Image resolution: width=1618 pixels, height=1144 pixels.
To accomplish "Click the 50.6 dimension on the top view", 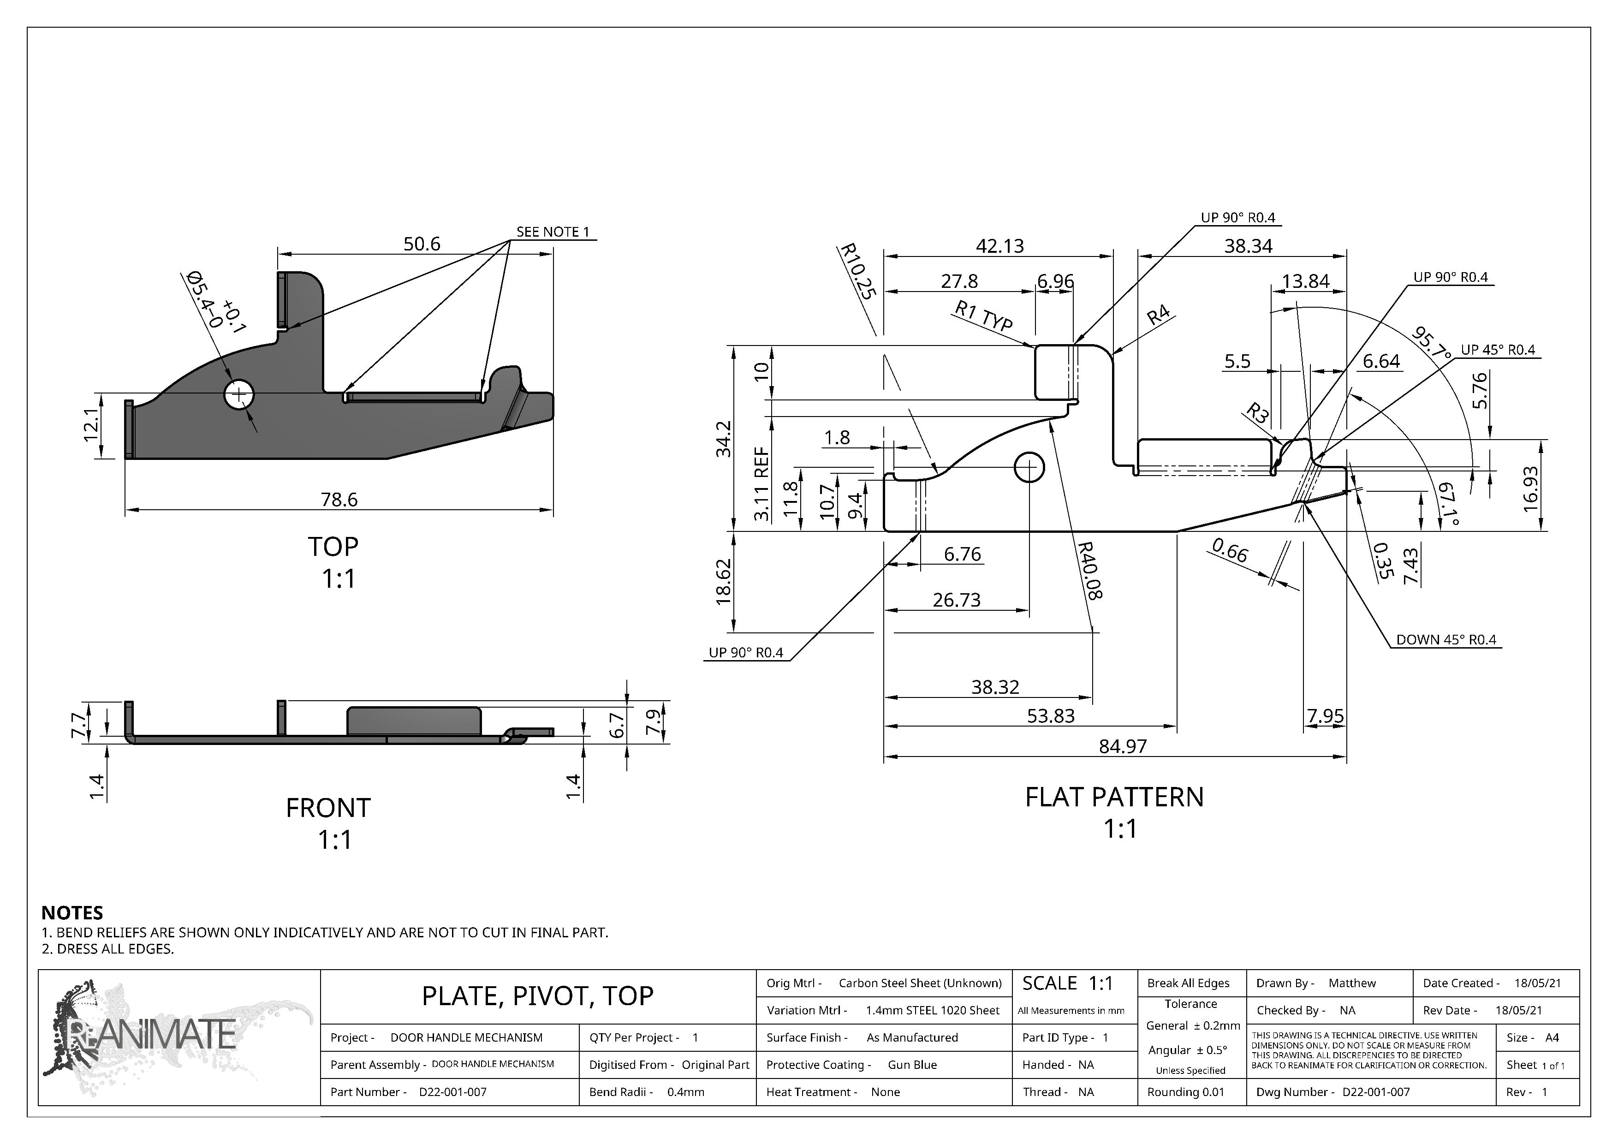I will tap(422, 244).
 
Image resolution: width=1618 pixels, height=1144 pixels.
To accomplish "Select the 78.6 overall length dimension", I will tap(339, 500).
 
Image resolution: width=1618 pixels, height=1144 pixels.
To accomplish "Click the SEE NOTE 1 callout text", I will tap(553, 232).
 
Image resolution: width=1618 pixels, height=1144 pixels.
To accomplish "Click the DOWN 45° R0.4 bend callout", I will tap(1445, 640).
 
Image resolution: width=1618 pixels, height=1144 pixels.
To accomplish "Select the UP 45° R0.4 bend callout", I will tap(1498, 350).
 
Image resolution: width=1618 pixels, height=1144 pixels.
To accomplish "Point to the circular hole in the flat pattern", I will tap(1029, 467).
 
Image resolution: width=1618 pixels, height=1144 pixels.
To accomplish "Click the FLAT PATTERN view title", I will tap(1114, 797).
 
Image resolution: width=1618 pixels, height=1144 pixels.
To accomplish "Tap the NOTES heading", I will tap(72, 913).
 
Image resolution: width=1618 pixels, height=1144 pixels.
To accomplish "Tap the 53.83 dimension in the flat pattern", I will tap(1050, 716).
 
